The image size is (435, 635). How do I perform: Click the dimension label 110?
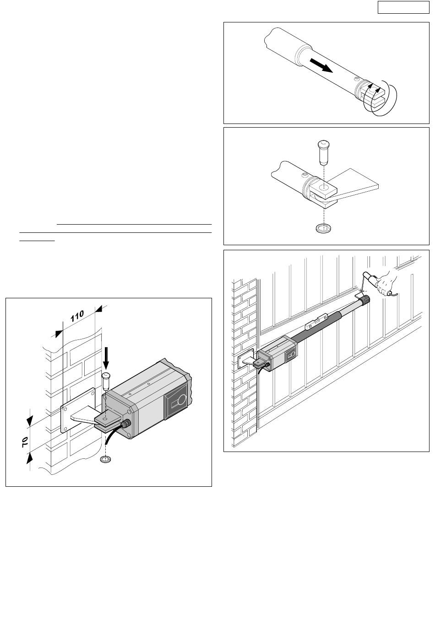click(77, 316)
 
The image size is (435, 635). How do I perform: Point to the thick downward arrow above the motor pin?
click(106, 358)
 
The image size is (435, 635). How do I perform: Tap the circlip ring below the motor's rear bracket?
click(105, 459)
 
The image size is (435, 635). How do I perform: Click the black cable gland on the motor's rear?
click(125, 424)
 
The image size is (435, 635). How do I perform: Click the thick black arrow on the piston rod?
click(321, 65)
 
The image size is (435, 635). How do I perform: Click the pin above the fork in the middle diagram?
click(323, 152)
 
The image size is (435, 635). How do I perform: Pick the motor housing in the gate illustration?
click(277, 353)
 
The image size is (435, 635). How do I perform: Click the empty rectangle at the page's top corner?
click(403, 7)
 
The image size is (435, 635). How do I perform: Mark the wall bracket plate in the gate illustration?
click(246, 358)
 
